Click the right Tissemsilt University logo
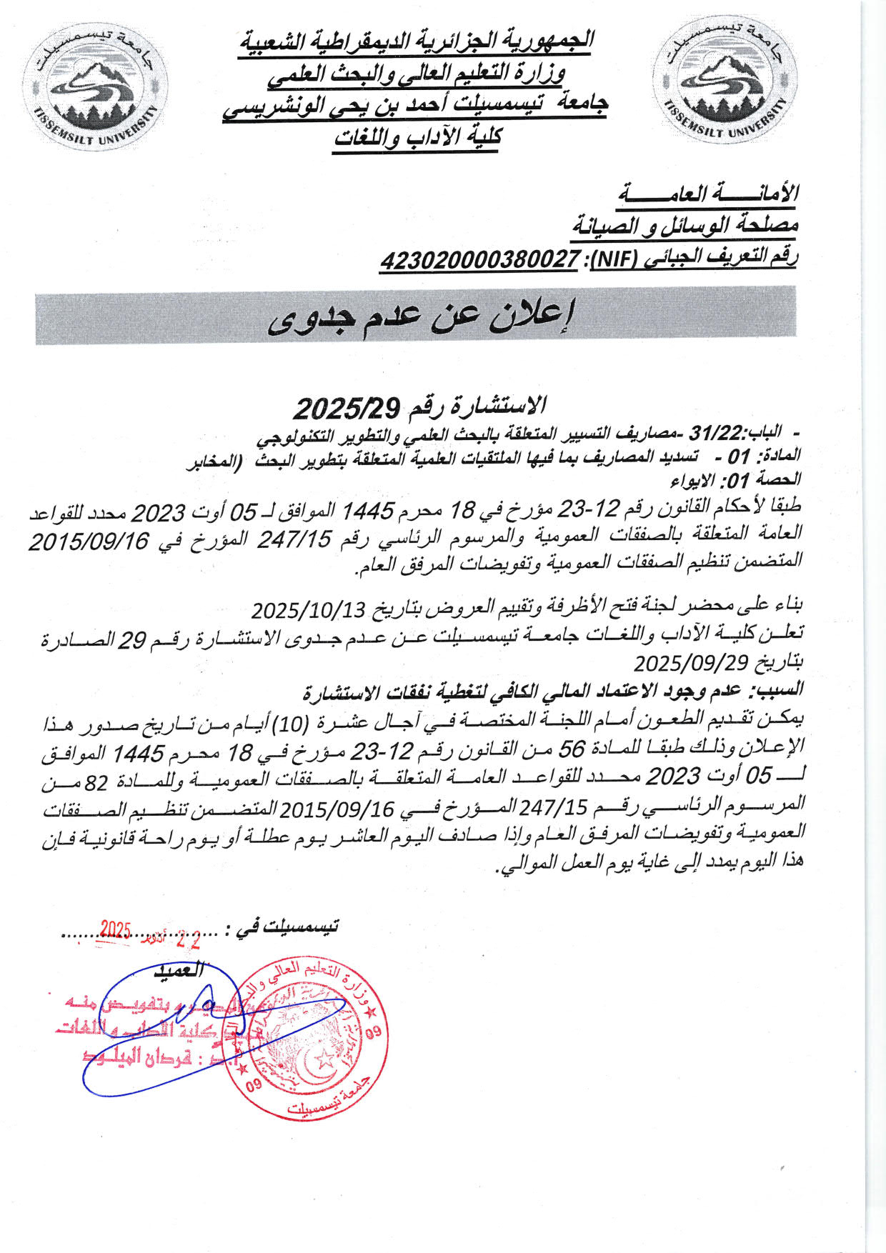[x=725, y=79]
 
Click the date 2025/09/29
[x=690, y=663]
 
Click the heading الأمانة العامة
[x=710, y=193]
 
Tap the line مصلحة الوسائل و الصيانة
[x=685, y=226]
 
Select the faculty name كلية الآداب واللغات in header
[x=418, y=136]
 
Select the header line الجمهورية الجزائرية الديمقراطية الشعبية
[x=416, y=40]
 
